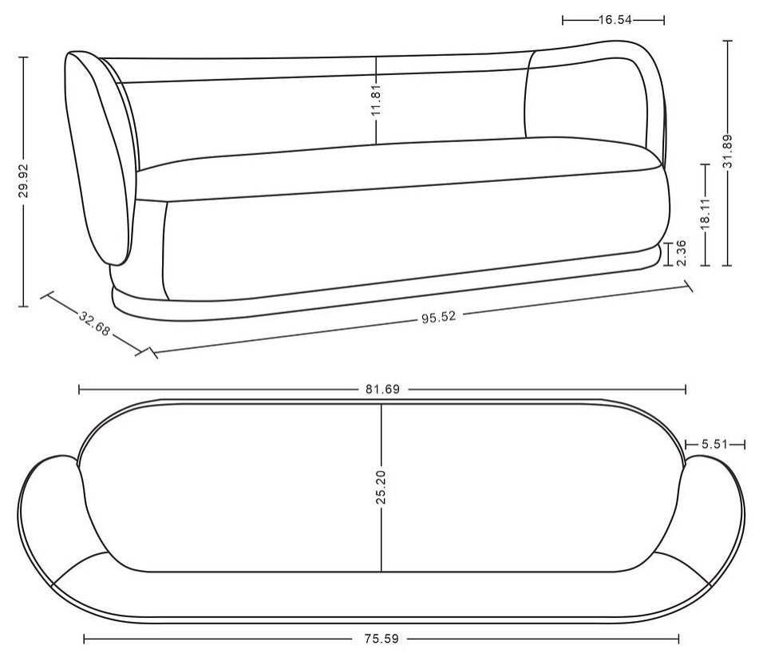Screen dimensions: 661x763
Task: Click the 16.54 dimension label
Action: tap(613, 20)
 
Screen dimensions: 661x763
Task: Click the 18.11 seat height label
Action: tap(705, 215)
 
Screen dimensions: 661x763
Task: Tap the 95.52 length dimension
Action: tap(438, 316)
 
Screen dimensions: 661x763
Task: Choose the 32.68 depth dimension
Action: tap(95, 324)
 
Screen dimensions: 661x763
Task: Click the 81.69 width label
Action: tap(381, 390)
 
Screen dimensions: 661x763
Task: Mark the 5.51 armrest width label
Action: tap(714, 444)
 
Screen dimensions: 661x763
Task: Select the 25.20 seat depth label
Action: tap(381, 487)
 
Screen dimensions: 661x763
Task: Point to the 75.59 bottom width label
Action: tap(381, 638)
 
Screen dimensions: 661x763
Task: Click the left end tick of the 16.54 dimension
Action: tap(563, 20)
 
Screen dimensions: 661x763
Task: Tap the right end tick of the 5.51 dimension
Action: tap(744, 444)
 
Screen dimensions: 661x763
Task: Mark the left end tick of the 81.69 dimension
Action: tap(79, 390)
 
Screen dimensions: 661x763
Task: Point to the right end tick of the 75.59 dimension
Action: tap(679, 638)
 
